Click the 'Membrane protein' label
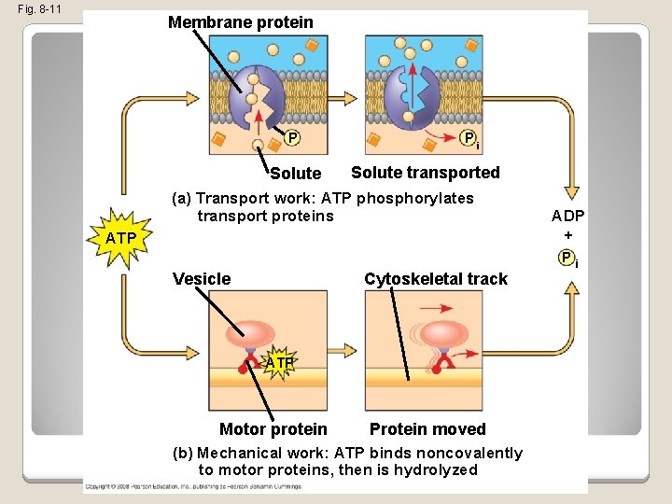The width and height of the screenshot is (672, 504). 241,21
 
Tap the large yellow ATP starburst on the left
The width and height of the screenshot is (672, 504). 120,239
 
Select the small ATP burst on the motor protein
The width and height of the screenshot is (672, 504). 279,361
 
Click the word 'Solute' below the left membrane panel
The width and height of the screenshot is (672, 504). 295,174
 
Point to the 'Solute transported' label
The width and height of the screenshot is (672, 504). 425,173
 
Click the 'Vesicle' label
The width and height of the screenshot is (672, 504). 203,279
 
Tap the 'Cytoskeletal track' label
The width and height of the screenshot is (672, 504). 436,279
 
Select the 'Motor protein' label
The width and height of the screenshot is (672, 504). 273,429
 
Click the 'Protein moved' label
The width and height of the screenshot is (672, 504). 427,429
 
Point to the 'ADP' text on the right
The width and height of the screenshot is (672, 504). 568,216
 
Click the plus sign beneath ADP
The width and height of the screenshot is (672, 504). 568,236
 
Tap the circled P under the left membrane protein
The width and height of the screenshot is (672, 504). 292,139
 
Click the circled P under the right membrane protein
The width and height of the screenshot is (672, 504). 470,139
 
